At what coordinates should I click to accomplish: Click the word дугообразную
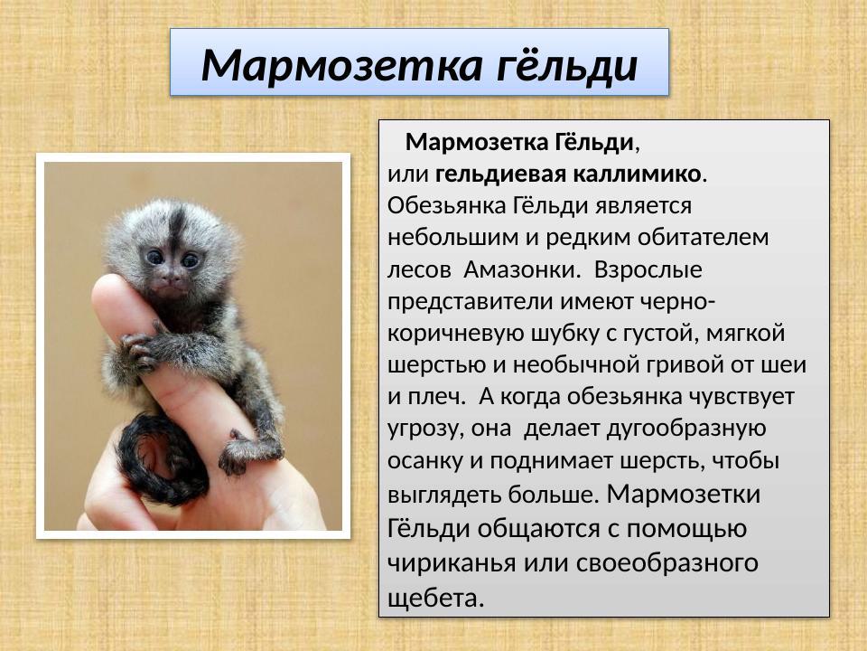[x=645, y=428]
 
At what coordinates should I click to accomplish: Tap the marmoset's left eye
[x=155, y=257]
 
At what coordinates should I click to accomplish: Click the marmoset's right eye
[x=191, y=260]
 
